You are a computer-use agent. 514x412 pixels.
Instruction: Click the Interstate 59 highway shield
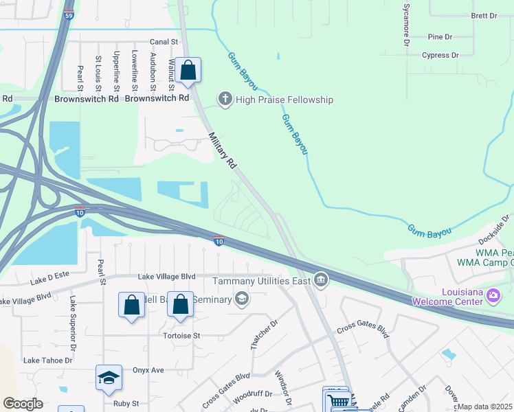pyautogui.click(x=68, y=14)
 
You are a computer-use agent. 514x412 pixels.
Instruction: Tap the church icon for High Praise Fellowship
pyautogui.click(x=225, y=100)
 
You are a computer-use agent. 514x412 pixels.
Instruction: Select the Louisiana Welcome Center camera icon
pyautogui.click(x=492, y=295)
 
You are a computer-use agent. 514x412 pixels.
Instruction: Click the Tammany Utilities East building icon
pyautogui.click(x=320, y=279)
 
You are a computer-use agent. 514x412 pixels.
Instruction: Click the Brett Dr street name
pyautogui.click(x=484, y=16)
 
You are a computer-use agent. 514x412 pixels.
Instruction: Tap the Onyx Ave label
pyautogui.click(x=148, y=370)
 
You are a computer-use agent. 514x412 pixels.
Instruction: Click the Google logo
pyautogui.click(x=23, y=403)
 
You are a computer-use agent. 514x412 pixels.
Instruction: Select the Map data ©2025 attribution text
pyautogui.click(x=484, y=407)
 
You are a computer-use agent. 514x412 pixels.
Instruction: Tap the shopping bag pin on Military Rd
pyautogui.click(x=188, y=70)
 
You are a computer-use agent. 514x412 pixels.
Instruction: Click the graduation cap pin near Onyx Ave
pyautogui.click(x=109, y=378)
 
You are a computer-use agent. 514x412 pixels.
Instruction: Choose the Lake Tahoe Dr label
pyautogui.click(x=48, y=360)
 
